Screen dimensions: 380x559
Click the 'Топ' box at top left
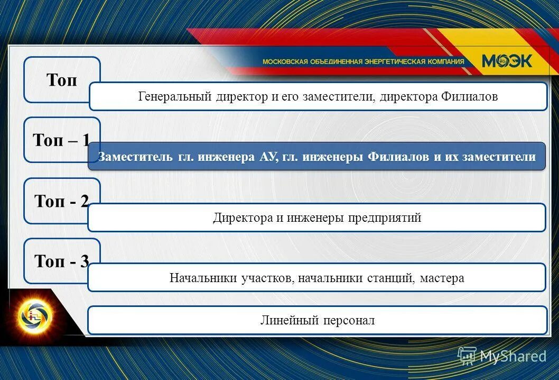(x=61, y=79)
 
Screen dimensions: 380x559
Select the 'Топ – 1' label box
(x=61, y=140)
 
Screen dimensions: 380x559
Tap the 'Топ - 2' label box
(x=61, y=201)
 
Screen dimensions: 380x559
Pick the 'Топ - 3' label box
(x=61, y=261)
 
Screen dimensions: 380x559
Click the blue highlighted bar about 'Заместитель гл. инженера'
(x=316, y=157)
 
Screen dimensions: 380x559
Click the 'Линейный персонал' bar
(x=317, y=320)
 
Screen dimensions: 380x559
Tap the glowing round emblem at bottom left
(x=35, y=316)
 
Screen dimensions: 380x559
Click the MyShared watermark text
(x=512, y=356)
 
